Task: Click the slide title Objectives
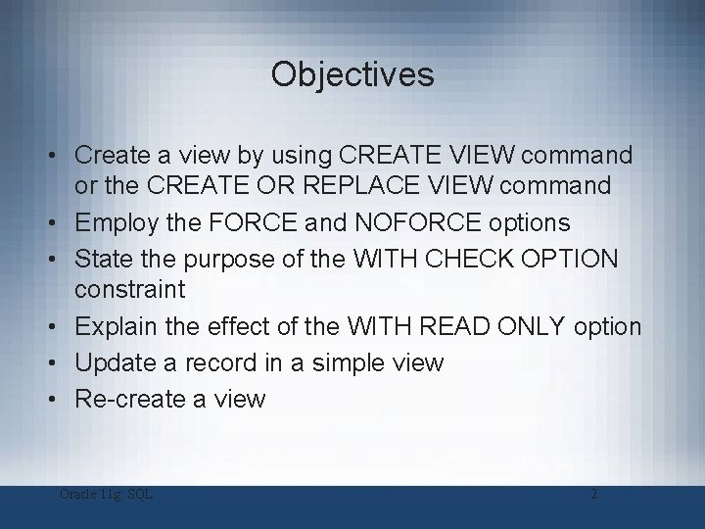[x=352, y=74]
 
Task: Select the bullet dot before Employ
[x=61, y=221]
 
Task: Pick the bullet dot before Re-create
[x=61, y=400]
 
